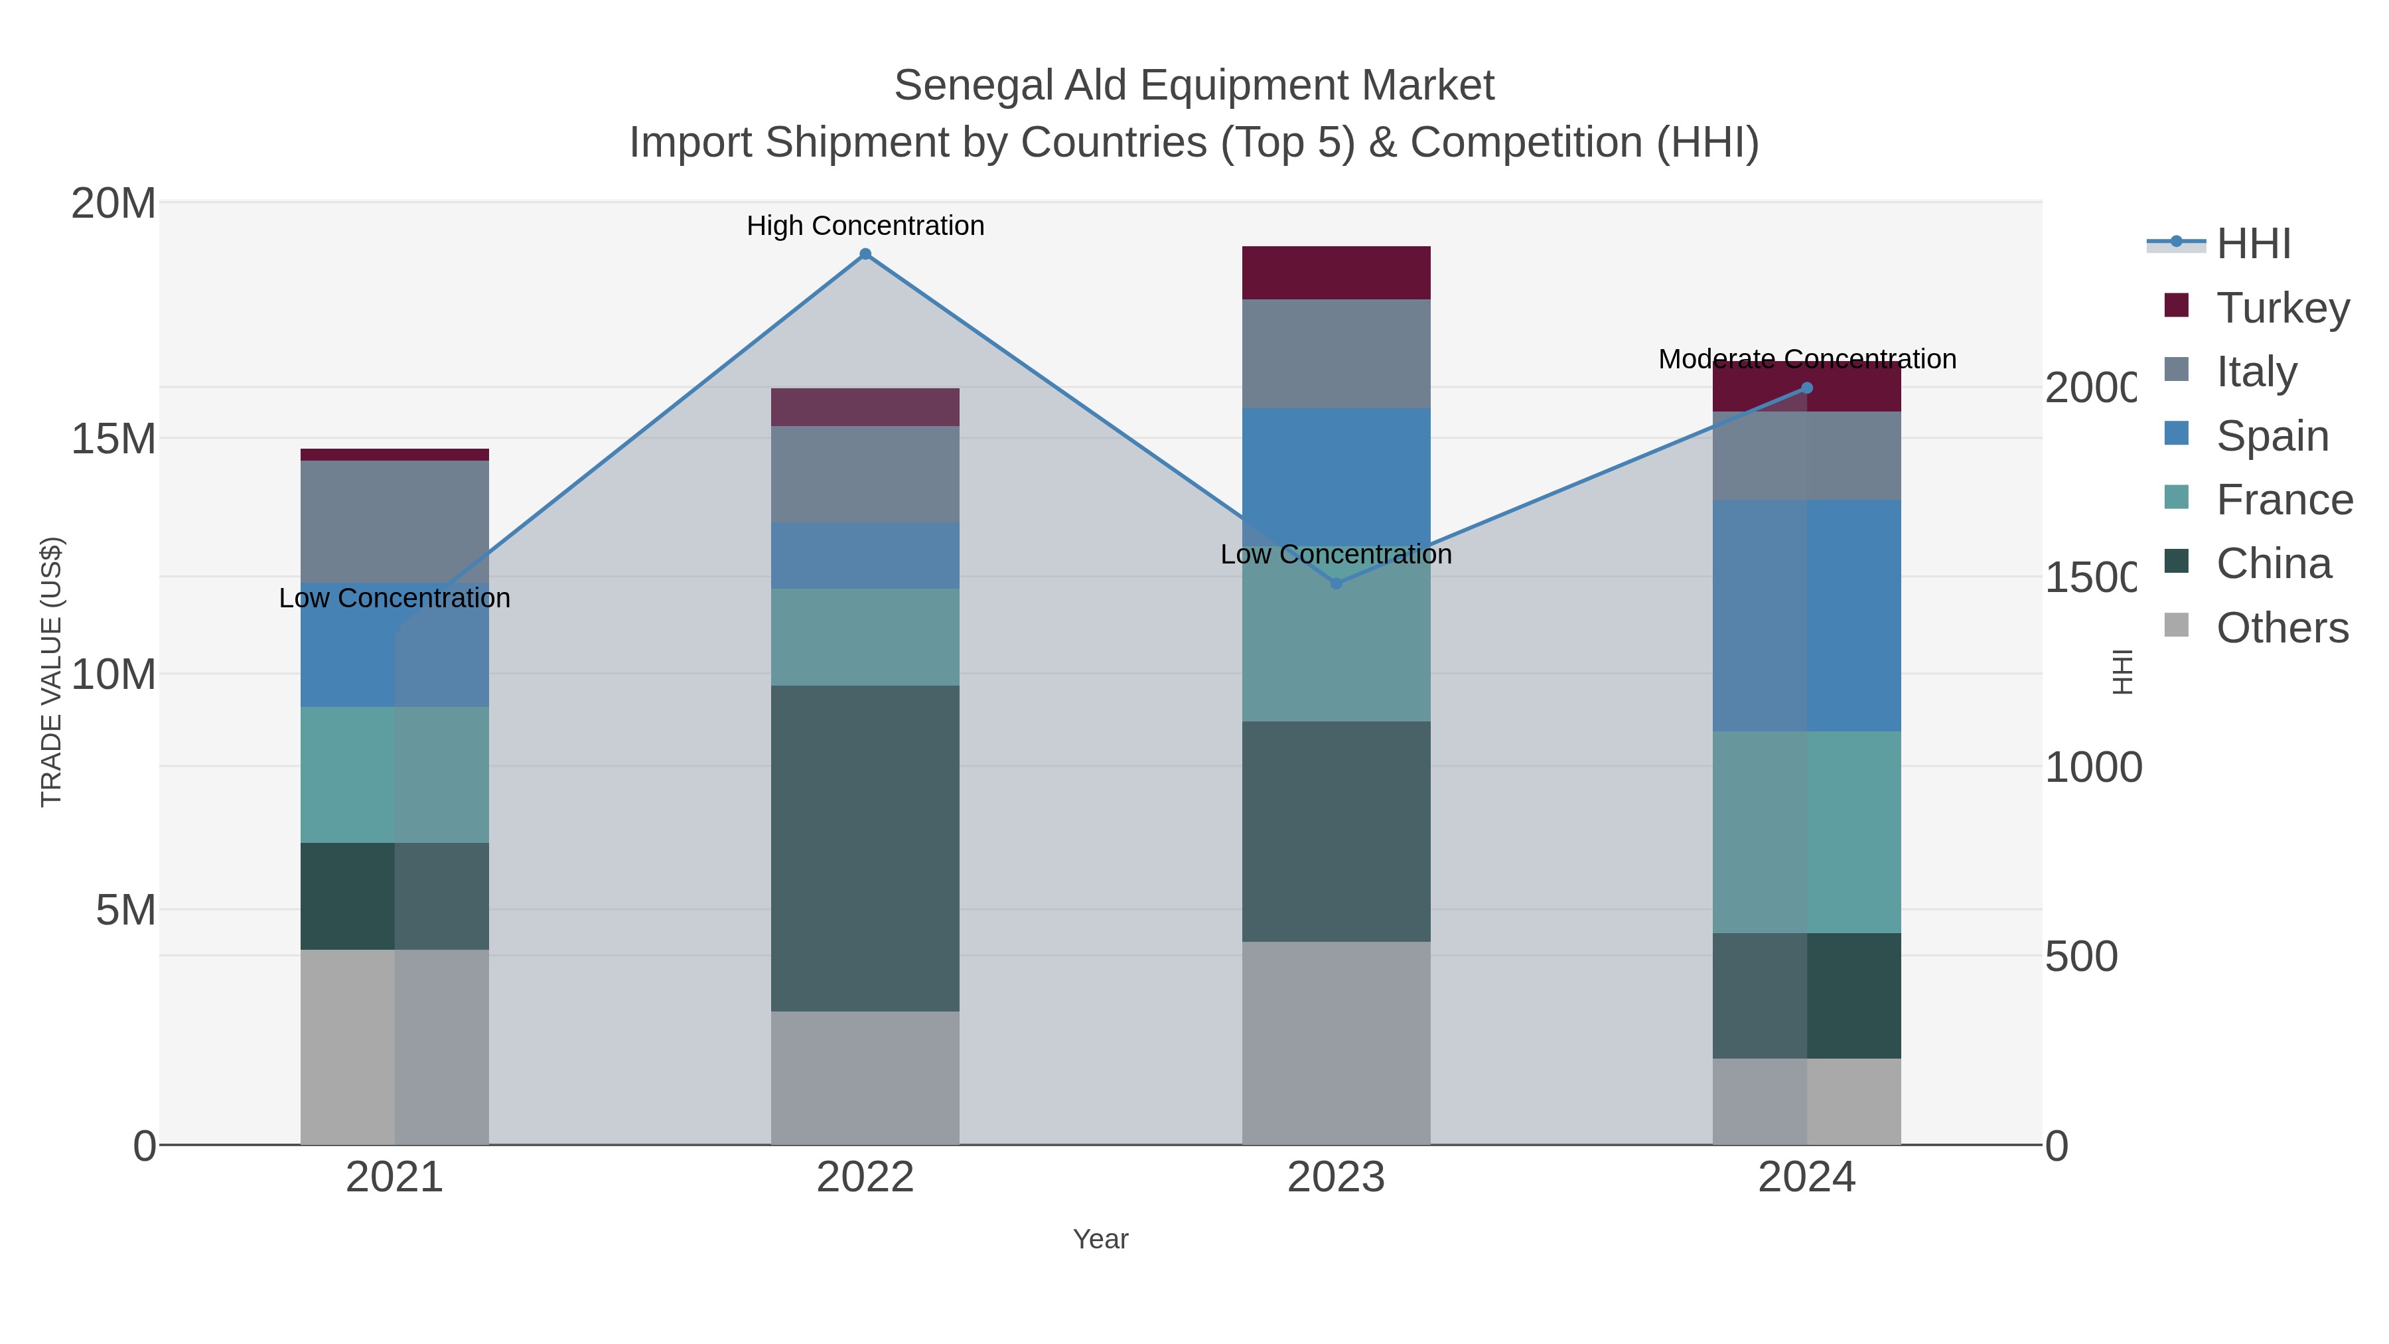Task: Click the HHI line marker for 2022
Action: pos(865,254)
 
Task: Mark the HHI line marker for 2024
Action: pos(1806,388)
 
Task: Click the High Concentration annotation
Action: pos(865,226)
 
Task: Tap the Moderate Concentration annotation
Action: pos(1806,359)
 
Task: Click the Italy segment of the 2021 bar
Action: pos(395,521)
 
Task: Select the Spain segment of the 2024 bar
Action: pos(1806,615)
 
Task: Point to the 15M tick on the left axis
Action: pos(113,439)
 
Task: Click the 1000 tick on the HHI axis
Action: pos(2092,767)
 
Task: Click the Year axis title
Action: pos(1101,1239)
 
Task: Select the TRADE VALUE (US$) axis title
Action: pos(51,672)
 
